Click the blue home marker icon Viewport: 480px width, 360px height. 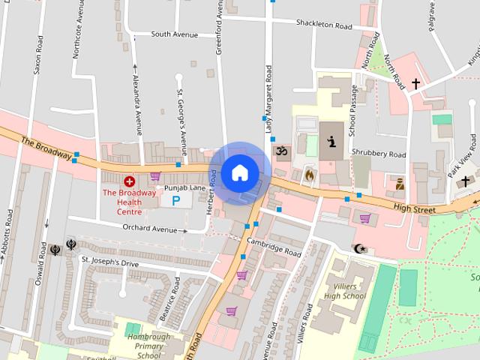[x=239, y=173]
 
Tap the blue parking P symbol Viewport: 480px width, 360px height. [x=176, y=200]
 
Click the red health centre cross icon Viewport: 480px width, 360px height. [x=129, y=181]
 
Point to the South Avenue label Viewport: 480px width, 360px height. [x=174, y=34]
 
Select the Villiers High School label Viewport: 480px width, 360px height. [x=345, y=291]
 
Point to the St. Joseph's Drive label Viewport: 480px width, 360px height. [x=110, y=263]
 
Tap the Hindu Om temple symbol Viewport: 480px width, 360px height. [x=282, y=152]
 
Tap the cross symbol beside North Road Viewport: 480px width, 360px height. [x=415, y=83]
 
